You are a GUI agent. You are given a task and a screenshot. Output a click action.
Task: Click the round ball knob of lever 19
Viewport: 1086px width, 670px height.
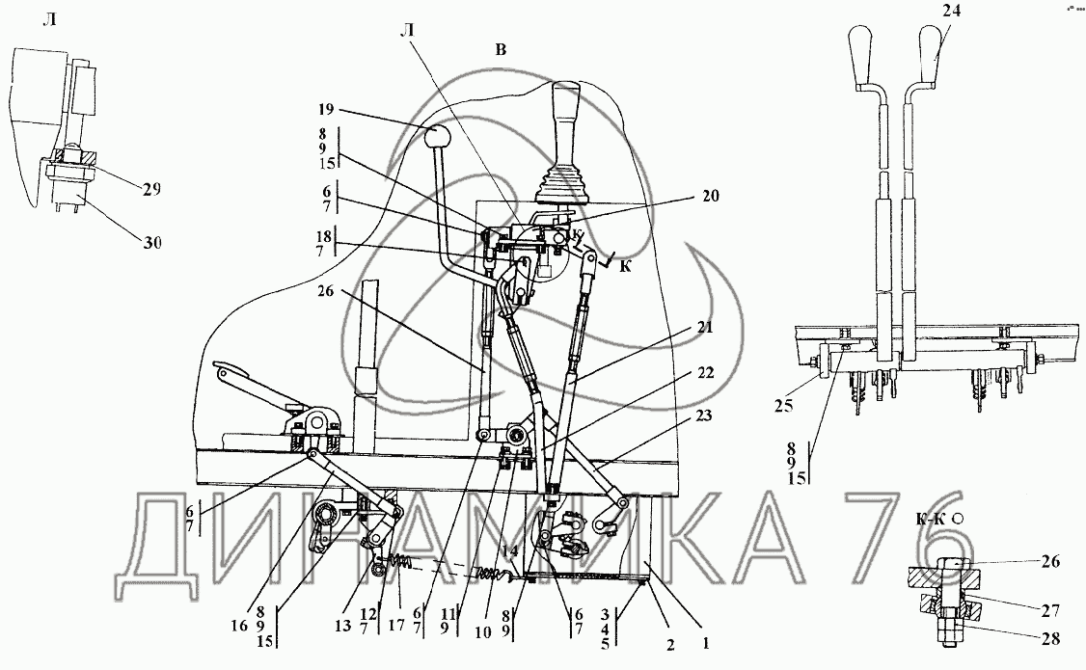point(440,136)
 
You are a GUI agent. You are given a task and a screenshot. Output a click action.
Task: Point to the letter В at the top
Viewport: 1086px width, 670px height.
point(500,50)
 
